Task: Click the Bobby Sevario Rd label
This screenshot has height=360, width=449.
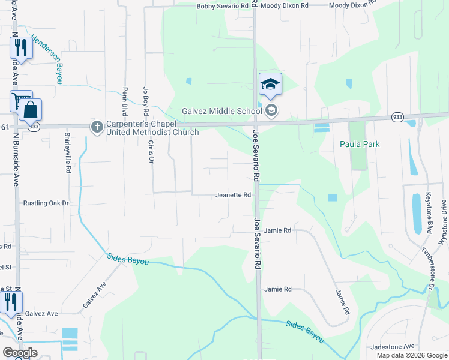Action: tap(223, 5)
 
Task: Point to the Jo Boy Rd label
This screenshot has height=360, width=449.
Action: tap(145, 100)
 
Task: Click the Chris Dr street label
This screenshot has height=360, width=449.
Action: tap(150, 151)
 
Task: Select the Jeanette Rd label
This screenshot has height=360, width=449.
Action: tap(233, 195)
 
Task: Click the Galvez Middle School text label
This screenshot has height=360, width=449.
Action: tap(221, 111)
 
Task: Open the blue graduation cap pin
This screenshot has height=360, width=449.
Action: tap(270, 84)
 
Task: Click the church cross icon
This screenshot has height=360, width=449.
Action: tap(97, 127)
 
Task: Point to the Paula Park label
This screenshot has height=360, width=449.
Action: tap(360, 144)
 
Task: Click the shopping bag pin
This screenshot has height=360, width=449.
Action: tap(30, 110)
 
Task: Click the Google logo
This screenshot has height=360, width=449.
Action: tap(20, 353)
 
